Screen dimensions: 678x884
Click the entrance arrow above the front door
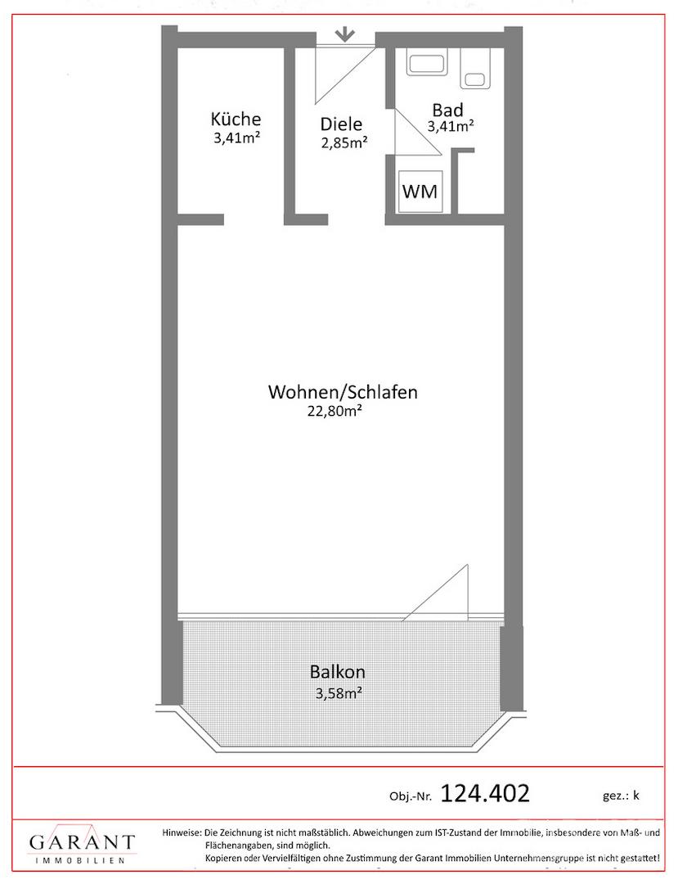[344, 35]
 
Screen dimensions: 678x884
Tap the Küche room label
[236, 119]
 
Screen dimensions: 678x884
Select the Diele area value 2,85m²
[344, 142]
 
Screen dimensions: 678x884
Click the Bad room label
[447, 110]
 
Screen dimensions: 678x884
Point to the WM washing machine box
[420, 191]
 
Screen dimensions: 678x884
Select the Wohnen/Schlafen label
[343, 392]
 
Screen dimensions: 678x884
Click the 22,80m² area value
[334, 411]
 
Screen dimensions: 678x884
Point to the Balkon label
[337, 672]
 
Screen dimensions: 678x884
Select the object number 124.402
[484, 794]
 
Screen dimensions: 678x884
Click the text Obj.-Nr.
[411, 796]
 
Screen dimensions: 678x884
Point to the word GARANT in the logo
[82, 843]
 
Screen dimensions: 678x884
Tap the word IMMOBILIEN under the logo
[79, 860]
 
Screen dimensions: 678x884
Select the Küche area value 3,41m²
[236, 138]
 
